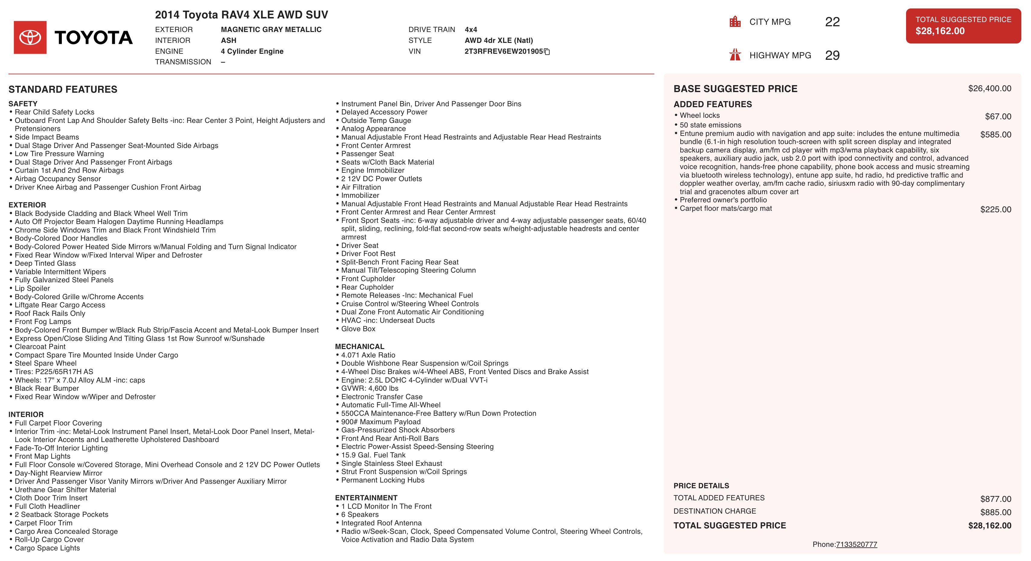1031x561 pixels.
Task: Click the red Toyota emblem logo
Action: point(30,37)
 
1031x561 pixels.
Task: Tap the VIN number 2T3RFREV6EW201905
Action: point(503,51)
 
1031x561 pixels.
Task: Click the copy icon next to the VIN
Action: point(547,52)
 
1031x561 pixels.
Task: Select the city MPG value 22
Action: point(832,22)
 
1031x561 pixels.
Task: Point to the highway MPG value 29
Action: point(832,55)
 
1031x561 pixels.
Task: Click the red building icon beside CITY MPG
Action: point(735,22)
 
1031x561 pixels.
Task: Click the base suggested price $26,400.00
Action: point(989,88)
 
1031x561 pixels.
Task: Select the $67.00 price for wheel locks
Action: point(998,117)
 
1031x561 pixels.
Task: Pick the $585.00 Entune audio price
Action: point(995,135)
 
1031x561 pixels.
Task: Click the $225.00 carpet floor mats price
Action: point(995,210)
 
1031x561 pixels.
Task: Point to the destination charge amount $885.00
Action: point(995,512)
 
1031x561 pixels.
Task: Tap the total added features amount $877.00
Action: point(995,499)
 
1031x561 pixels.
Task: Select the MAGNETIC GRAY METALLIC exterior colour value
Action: point(271,30)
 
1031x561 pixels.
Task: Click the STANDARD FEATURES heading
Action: point(63,89)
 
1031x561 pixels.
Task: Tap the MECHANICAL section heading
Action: point(359,346)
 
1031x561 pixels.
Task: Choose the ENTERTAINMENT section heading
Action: point(366,498)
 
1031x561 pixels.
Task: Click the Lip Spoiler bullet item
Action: point(32,288)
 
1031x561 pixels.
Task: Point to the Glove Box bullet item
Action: point(358,329)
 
